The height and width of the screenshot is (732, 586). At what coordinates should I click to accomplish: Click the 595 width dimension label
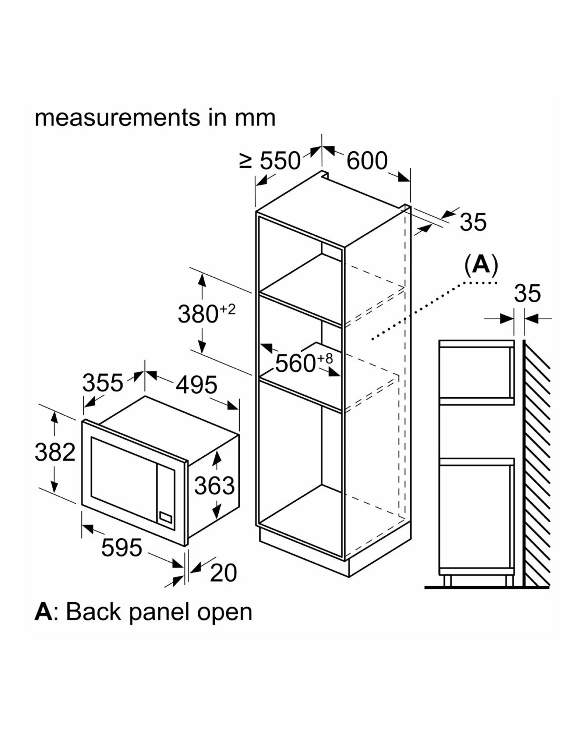(x=122, y=548)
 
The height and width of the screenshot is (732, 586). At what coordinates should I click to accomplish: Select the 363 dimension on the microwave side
(x=214, y=485)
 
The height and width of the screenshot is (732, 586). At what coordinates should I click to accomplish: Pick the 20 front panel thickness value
(x=224, y=573)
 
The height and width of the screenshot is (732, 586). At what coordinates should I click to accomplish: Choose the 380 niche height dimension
(x=198, y=314)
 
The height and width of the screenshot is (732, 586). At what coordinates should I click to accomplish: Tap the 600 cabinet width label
(x=367, y=160)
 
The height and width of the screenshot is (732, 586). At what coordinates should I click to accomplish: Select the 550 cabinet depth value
(x=280, y=160)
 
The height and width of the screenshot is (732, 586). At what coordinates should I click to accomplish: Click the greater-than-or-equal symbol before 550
(x=245, y=160)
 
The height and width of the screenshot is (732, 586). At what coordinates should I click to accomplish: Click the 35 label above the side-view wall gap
(x=527, y=293)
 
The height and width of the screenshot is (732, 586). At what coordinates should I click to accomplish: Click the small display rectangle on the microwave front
(x=166, y=517)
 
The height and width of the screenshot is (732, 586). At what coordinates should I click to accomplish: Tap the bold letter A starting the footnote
(x=43, y=612)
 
